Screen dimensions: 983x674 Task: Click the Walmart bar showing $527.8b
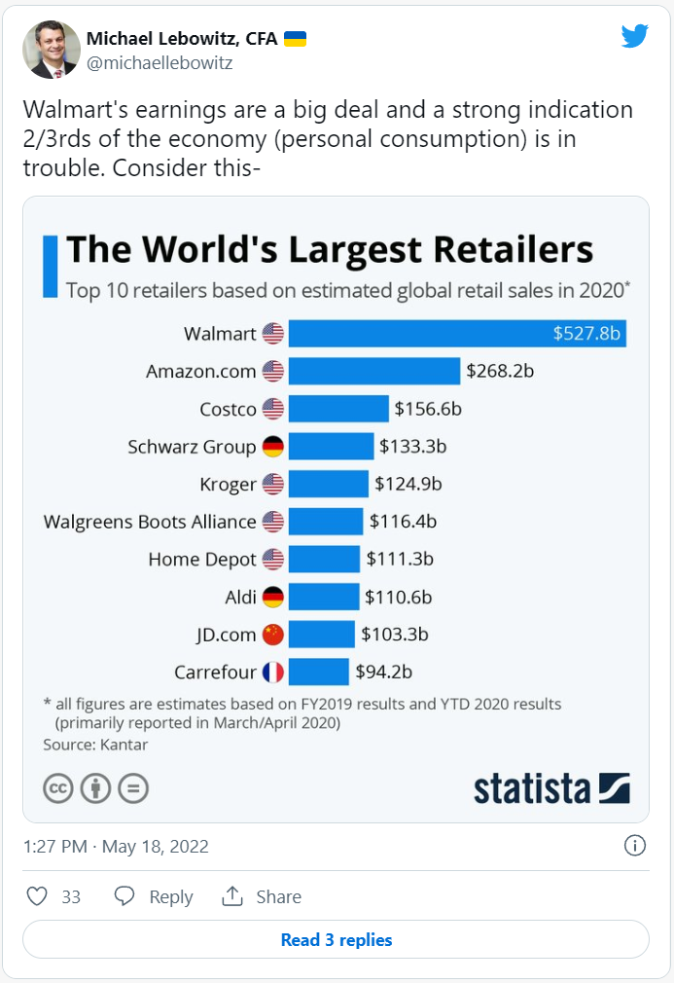457,333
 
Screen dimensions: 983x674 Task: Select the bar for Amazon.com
373,371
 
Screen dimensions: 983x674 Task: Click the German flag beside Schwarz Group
272,447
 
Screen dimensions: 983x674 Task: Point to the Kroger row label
228,484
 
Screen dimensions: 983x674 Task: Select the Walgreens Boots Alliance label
150,522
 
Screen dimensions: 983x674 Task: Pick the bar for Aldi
324,597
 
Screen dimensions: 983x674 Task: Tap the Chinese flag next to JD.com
272,635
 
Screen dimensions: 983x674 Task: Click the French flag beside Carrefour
272,672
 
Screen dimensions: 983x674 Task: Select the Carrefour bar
318,672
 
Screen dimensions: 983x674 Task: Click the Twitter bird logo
635,36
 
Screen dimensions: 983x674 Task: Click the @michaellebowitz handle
160,63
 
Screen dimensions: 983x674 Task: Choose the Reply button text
170,896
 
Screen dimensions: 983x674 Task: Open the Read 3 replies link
336,940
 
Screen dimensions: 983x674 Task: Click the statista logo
551,787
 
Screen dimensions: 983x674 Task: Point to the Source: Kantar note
95,745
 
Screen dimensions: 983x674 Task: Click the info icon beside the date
634,845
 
